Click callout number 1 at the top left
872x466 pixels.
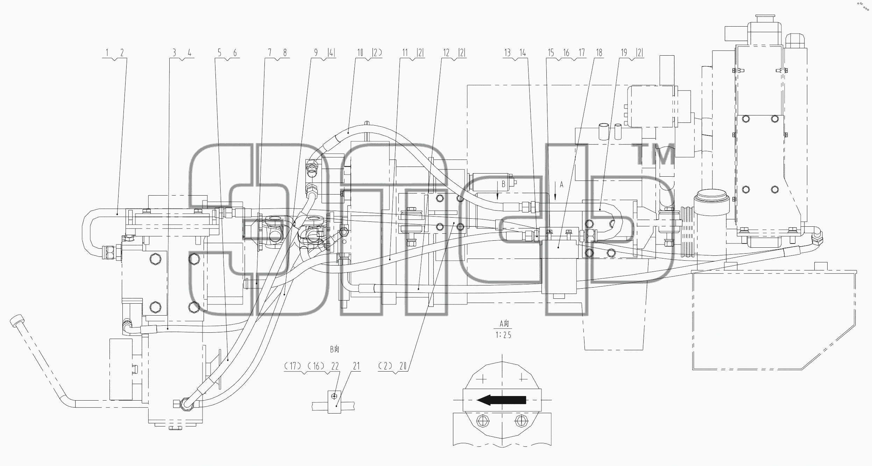[x=108, y=53]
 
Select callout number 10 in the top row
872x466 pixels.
[x=360, y=53]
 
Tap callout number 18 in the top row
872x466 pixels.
[x=599, y=53]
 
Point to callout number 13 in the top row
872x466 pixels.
[x=508, y=53]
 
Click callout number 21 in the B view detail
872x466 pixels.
[x=356, y=366]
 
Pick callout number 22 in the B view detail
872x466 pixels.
[x=335, y=366]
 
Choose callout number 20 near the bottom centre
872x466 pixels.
[x=403, y=366]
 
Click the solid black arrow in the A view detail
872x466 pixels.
[x=502, y=400]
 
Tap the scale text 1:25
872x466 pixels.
[x=503, y=335]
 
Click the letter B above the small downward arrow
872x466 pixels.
[x=503, y=184]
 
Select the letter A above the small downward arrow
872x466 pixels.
[x=562, y=185]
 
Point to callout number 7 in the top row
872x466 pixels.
[x=270, y=53]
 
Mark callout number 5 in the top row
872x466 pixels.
[x=220, y=53]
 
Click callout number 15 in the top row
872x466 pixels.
[x=551, y=53]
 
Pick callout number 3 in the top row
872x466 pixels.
[x=174, y=53]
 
